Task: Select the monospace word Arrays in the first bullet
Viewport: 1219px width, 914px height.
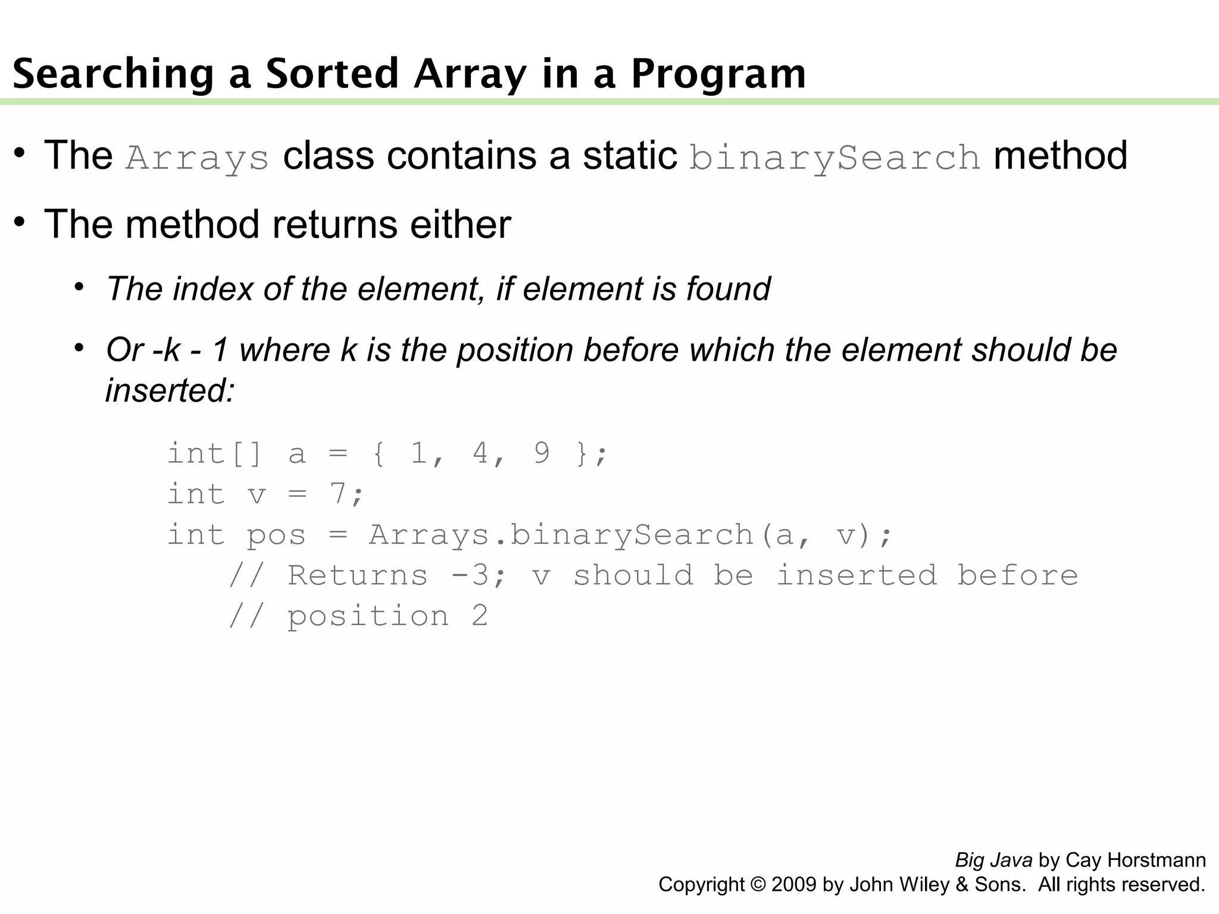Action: coord(197,158)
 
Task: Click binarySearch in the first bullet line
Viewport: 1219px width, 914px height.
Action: coord(834,158)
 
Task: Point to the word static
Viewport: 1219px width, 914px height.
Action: coord(630,156)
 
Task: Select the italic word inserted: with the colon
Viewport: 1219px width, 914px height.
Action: coord(170,391)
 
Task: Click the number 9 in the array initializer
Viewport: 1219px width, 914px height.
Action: coord(541,453)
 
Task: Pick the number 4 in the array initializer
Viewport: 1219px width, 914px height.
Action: coord(480,453)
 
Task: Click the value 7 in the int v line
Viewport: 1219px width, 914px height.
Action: coord(338,494)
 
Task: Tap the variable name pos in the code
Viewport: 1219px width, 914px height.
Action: coord(276,535)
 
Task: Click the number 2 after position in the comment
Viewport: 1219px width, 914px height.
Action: coord(480,616)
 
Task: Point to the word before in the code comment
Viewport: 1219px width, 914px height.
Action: coord(1017,575)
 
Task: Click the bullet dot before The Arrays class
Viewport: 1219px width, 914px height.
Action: coord(20,154)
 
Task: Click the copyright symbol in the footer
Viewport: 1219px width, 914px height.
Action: coord(758,885)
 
